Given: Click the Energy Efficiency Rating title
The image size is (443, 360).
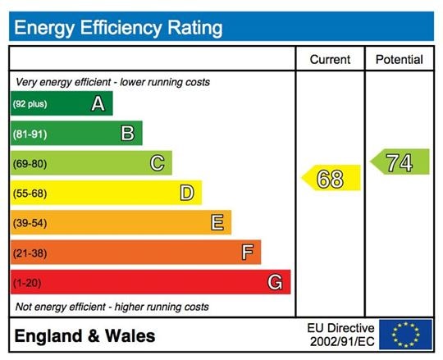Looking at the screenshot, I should click(118, 28).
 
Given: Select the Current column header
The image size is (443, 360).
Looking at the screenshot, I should click(330, 60).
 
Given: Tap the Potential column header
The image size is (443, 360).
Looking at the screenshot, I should click(399, 60).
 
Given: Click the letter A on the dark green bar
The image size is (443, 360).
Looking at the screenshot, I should click(98, 103).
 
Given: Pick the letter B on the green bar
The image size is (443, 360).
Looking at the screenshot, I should click(127, 133).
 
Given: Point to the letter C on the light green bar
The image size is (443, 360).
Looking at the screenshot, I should click(157, 163).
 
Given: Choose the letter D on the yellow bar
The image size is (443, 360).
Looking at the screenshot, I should click(186, 193).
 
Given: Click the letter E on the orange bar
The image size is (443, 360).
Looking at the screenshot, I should click(217, 222).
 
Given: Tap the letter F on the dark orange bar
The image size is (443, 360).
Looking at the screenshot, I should click(246, 253).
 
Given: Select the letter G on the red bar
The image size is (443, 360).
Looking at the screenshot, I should click(276, 282).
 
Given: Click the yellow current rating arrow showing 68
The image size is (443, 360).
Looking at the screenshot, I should click(331, 179).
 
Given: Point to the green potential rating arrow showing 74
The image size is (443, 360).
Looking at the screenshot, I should click(400, 162).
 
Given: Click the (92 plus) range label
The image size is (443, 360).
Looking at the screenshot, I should click(30, 104).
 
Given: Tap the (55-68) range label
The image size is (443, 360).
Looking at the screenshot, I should click(29, 194).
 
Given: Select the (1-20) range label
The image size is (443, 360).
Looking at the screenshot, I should click(26, 283).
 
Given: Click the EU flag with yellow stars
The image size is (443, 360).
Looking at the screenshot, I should click(405, 335).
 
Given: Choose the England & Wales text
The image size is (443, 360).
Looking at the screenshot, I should click(84, 336).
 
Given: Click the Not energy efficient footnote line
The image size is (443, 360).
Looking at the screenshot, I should click(112, 307).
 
